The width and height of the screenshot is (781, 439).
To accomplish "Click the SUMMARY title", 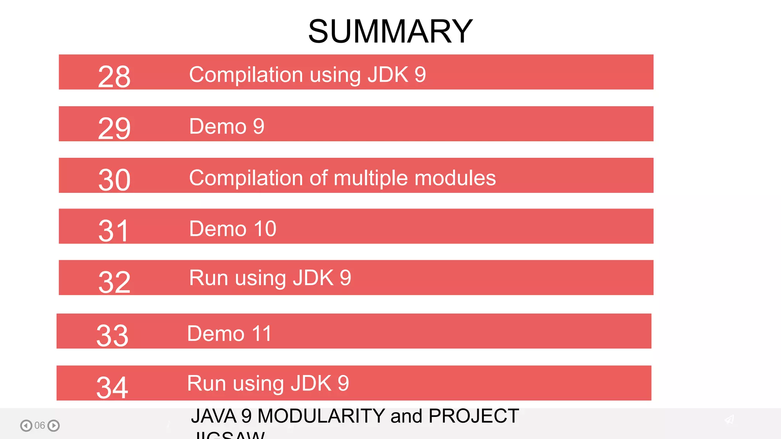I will (390, 31).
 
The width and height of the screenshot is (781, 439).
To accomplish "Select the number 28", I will (114, 77).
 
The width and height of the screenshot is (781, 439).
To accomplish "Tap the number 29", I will (114, 128).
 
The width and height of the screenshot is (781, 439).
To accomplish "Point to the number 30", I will (114, 180).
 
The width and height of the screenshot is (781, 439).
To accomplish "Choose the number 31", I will (113, 231).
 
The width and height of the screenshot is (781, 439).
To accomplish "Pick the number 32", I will (114, 282).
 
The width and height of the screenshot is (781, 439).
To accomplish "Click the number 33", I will (112, 336).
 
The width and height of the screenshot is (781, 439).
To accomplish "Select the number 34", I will (112, 388).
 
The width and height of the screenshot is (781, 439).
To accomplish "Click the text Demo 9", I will (227, 127).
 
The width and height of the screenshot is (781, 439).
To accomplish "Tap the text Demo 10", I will (233, 229).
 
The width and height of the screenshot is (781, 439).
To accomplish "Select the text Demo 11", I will (229, 333).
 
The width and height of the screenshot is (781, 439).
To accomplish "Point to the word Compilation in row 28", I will (246, 75).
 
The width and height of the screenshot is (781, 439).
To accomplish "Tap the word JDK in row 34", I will (311, 383).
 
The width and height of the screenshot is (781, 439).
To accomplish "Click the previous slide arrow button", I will (26, 425).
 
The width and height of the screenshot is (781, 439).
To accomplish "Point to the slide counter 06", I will (40, 425).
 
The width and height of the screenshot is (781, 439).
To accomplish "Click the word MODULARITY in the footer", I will (321, 416).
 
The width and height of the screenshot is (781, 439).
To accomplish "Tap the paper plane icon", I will (730, 420).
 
